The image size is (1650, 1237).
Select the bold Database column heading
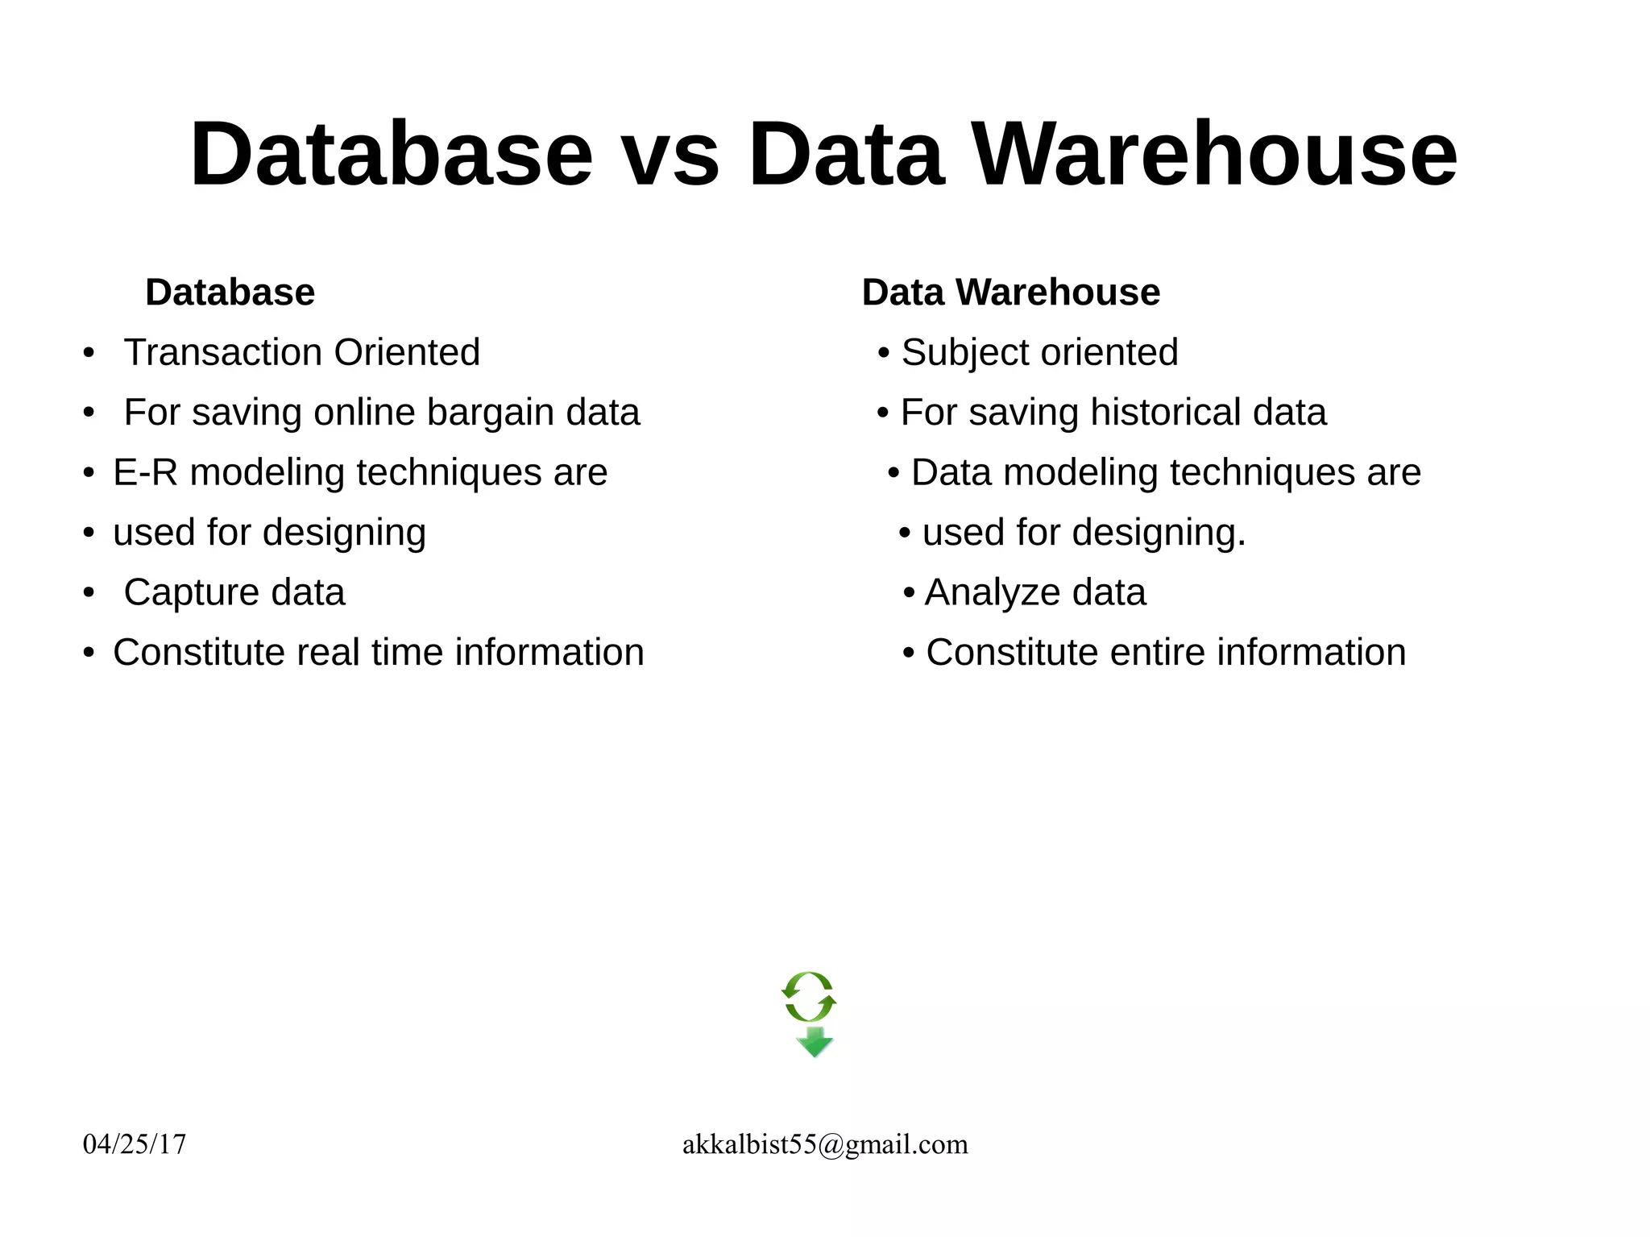230,292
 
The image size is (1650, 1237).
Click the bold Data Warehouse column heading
1010,292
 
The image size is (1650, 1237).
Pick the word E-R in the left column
145,472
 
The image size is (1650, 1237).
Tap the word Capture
190,593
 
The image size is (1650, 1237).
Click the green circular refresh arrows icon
809,997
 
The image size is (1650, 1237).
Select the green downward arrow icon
815,1042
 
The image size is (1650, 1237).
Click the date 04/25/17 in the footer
135,1144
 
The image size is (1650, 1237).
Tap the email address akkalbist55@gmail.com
825,1144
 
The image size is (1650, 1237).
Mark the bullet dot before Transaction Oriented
89,353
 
